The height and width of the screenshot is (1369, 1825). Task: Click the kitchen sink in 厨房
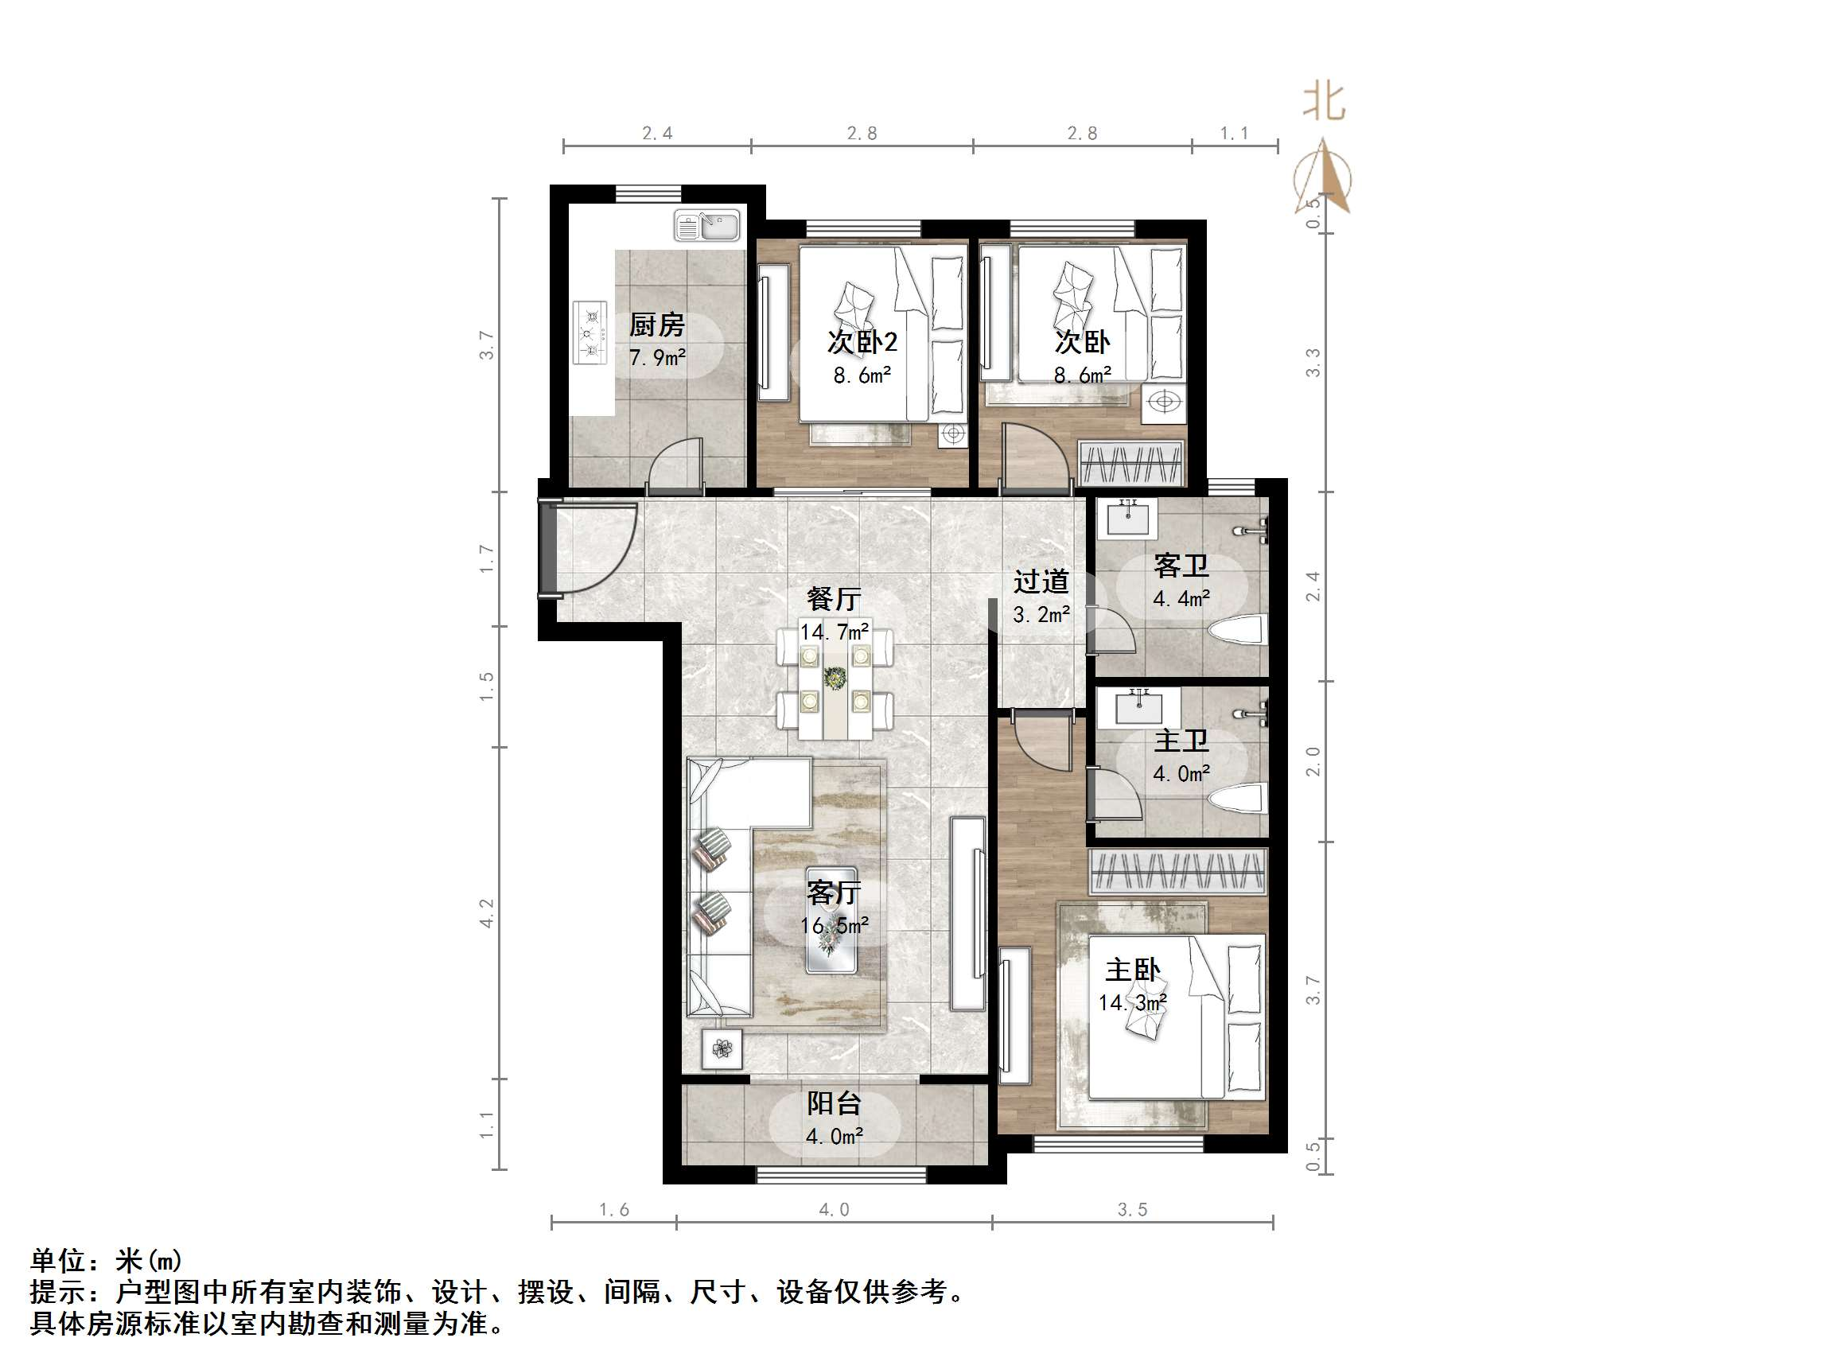(708, 225)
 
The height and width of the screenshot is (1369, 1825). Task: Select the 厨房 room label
(657, 325)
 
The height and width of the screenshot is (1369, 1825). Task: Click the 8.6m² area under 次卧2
(862, 376)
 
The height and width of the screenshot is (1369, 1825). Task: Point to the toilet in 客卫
(1237, 632)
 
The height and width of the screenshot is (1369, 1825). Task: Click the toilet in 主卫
(1237, 799)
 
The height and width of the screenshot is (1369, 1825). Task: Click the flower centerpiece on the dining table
(836, 679)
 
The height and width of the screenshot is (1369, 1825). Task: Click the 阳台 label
(834, 1103)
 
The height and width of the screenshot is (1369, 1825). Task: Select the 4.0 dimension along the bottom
(833, 1210)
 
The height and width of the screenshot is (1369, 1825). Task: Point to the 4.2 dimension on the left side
(487, 913)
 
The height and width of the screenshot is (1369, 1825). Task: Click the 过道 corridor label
(1041, 581)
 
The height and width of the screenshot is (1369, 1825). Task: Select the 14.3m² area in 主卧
(1132, 1002)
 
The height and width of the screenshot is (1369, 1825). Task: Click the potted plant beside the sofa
(722, 1048)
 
